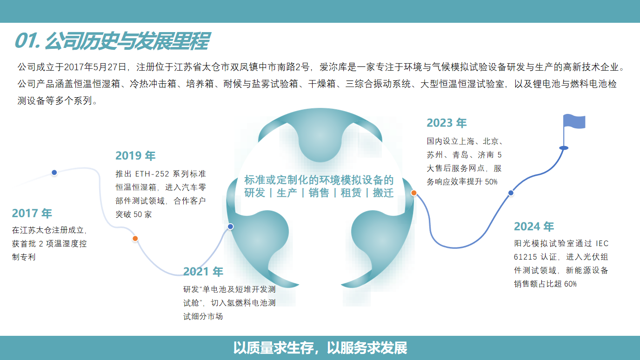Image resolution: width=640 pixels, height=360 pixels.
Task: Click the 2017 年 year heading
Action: coord(32,213)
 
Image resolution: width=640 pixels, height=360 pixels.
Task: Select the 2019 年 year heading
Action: coord(135,155)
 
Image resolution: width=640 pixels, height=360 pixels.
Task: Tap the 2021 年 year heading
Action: coord(203,272)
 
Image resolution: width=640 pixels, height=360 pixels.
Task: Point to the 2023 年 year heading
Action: coord(447,123)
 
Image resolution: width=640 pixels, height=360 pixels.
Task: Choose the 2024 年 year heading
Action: coord(534,227)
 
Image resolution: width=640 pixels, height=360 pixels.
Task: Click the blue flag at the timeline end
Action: coord(574,122)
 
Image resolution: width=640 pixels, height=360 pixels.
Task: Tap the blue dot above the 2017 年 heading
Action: coord(54,173)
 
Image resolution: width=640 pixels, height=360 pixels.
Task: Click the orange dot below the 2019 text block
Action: coord(135,239)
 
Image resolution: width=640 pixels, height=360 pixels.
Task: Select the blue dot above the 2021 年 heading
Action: coord(230,227)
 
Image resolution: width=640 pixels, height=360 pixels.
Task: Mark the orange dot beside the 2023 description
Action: coord(413,193)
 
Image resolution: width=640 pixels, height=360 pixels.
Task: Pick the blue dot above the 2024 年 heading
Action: coord(511,193)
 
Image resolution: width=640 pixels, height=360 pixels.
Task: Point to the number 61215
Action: coord(526,257)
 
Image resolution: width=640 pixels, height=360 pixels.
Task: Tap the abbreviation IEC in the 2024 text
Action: coord(602,243)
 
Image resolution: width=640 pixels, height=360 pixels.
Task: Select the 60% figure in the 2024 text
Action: coord(570,284)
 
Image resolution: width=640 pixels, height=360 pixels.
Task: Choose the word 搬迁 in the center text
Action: coord(383,193)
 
